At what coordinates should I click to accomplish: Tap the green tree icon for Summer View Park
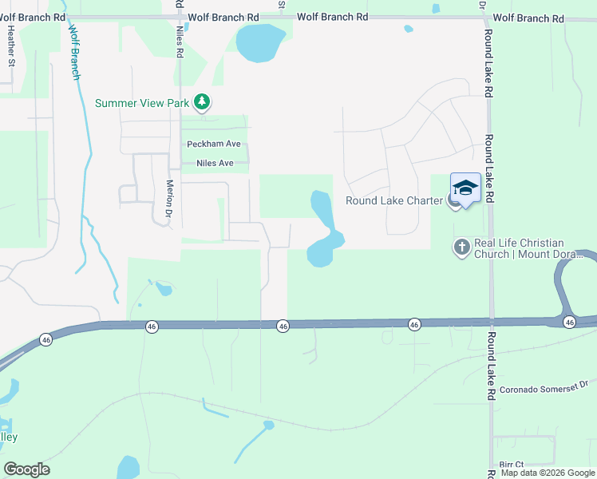click(204, 102)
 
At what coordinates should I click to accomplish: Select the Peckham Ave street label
click(213, 144)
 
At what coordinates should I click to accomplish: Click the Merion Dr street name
click(169, 198)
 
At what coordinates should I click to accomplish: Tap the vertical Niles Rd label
click(180, 41)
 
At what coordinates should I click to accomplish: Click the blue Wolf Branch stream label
click(74, 52)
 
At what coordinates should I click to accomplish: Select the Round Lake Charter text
click(393, 200)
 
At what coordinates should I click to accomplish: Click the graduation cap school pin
click(465, 188)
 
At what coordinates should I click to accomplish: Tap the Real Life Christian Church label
click(530, 248)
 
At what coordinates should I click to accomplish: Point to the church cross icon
click(461, 247)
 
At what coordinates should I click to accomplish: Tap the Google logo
click(26, 469)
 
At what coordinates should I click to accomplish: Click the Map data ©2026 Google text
click(548, 473)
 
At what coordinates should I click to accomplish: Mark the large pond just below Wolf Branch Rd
click(259, 43)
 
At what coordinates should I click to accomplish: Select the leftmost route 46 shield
click(46, 339)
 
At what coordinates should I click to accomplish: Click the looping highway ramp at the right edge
click(568, 287)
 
